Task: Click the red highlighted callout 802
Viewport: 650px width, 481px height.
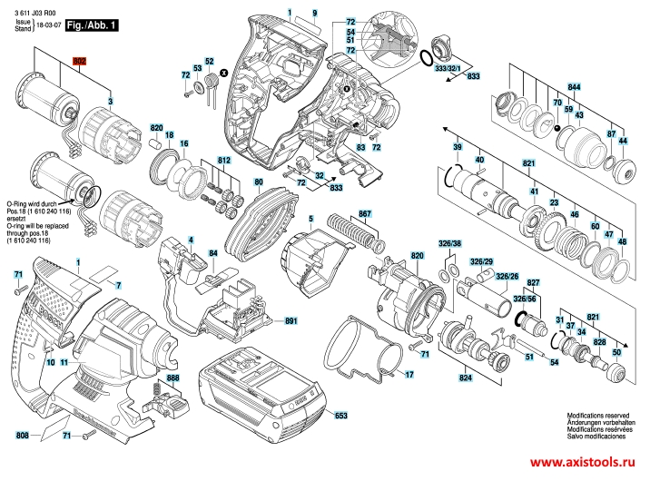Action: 79,62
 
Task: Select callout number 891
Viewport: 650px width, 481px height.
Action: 291,322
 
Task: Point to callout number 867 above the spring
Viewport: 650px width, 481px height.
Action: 365,214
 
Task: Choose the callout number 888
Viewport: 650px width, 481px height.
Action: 173,377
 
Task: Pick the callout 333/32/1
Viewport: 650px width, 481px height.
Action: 448,69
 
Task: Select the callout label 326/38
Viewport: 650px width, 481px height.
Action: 450,245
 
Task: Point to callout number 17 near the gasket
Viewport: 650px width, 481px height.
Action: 409,374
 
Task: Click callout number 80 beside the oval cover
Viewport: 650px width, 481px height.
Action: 259,182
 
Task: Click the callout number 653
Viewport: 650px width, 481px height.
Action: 340,416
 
